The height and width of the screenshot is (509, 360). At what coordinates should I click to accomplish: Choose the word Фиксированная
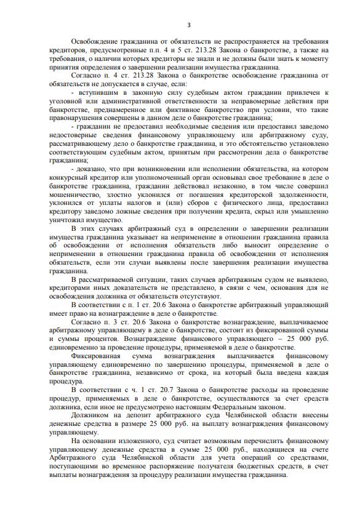(98, 356)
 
